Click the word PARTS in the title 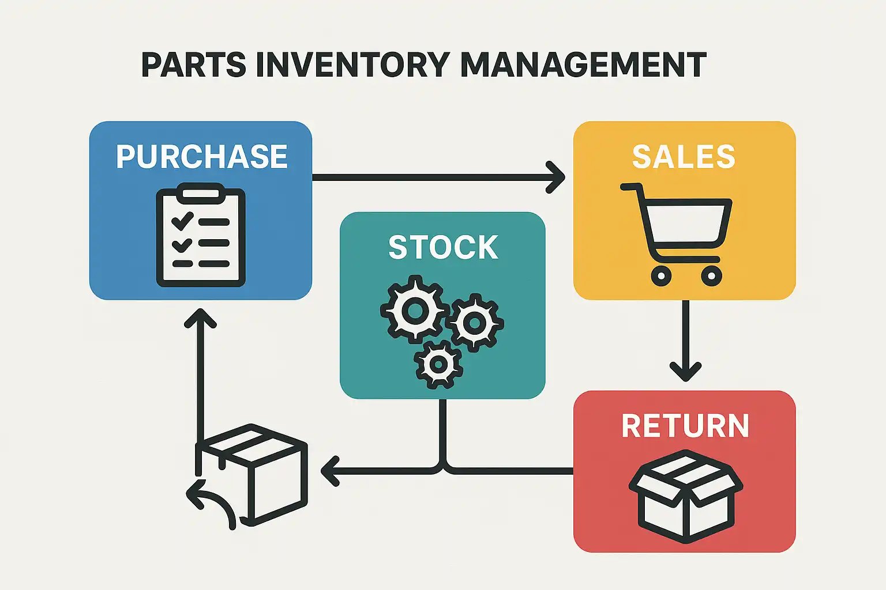(x=193, y=65)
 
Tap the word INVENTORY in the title (x=352, y=65)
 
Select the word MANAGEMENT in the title (x=583, y=65)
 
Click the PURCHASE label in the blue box (x=201, y=157)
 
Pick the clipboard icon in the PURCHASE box (x=201, y=236)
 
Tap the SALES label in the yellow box (x=684, y=157)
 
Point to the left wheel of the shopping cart (x=661, y=276)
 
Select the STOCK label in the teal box (x=442, y=248)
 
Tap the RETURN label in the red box (x=685, y=426)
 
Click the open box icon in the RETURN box (x=685, y=496)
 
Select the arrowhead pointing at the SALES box (x=557, y=177)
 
